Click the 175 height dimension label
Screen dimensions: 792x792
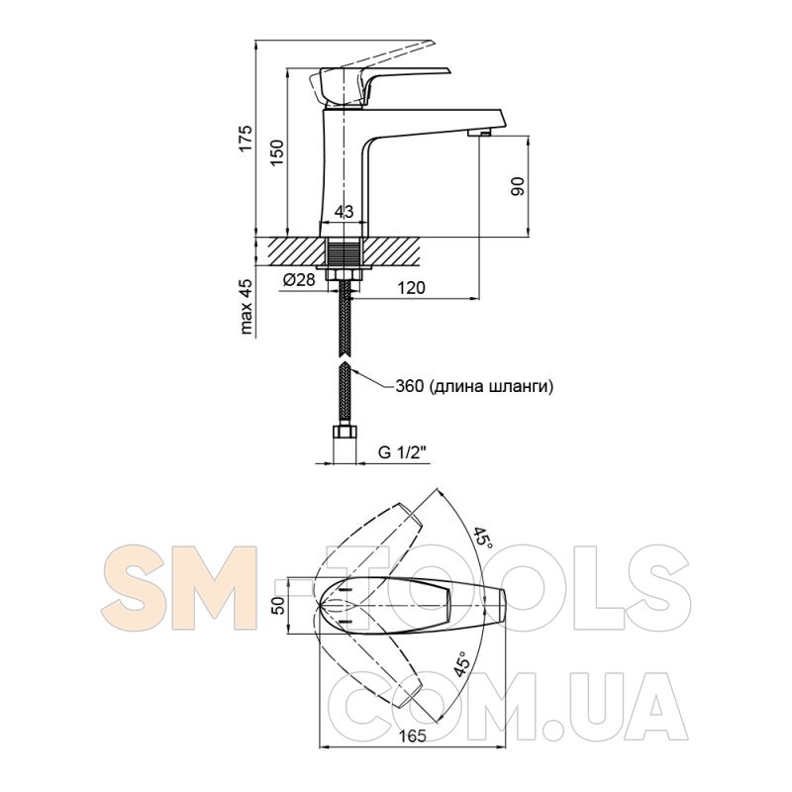point(245,137)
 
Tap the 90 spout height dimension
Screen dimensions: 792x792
point(518,186)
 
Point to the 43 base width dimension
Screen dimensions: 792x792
point(344,212)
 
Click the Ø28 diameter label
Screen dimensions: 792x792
point(299,279)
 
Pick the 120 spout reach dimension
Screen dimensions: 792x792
point(412,287)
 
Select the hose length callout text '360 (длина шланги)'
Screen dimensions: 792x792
point(474,387)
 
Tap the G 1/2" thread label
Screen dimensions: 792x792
point(403,452)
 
